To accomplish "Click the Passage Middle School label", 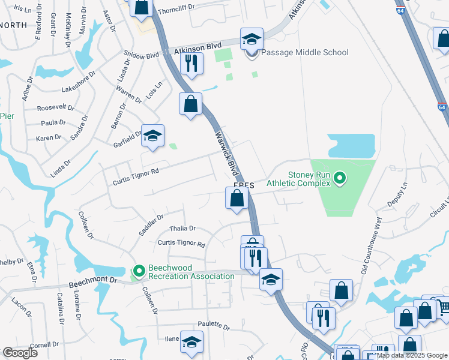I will click(305, 53).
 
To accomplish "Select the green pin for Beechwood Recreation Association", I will click(139, 272).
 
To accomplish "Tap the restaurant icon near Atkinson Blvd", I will click(191, 63).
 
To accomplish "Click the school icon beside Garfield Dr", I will click(152, 135).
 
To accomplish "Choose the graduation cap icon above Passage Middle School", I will click(252, 39).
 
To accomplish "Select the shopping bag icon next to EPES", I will click(237, 198).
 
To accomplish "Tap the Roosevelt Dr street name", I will click(55, 109).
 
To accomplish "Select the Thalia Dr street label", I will click(182, 229).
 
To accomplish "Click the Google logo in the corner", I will click(20, 353).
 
